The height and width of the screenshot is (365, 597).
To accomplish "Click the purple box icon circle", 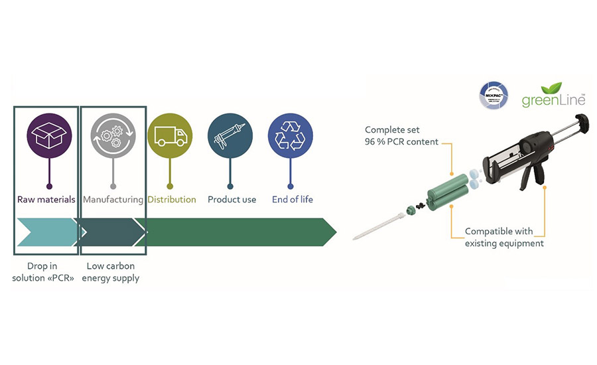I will (49, 136).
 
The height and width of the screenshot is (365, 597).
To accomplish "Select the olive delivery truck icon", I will (170, 136).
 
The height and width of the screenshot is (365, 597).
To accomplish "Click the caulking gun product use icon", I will (230, 136).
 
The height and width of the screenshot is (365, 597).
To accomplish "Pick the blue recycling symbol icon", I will (290, 136).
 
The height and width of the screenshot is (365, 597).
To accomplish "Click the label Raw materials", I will (46, 199).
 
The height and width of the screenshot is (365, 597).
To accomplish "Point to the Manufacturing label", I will (113, 199).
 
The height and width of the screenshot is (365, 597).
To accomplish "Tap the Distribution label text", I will (172, 199).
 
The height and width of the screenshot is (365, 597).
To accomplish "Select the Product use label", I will (232, 199).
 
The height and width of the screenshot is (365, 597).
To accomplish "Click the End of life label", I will (292, 199).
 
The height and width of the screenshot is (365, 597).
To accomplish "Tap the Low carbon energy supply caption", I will (111, 272).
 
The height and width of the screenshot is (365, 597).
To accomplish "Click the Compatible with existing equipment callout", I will (504, 237).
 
